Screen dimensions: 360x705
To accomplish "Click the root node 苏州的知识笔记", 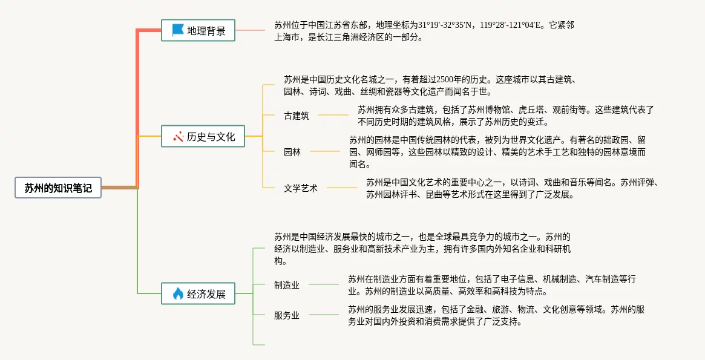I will click(58, 188).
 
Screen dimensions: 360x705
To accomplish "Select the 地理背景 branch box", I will click(198, 30).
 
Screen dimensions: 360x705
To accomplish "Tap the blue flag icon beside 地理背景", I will click(177, 30).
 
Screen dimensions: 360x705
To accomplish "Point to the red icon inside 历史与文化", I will click(178, 137).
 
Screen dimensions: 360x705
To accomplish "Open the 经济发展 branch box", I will click(198, 294).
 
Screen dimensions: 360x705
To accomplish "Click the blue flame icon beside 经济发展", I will click(178, 294).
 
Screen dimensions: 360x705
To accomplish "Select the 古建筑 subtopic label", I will click(297, 115).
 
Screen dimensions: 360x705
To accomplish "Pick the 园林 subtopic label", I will click(292, 152).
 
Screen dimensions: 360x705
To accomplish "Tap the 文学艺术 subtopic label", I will click(301, 188).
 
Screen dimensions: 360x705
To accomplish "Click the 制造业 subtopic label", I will click(287, 285).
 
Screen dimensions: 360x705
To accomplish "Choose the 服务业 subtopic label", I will click(287, 315).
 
